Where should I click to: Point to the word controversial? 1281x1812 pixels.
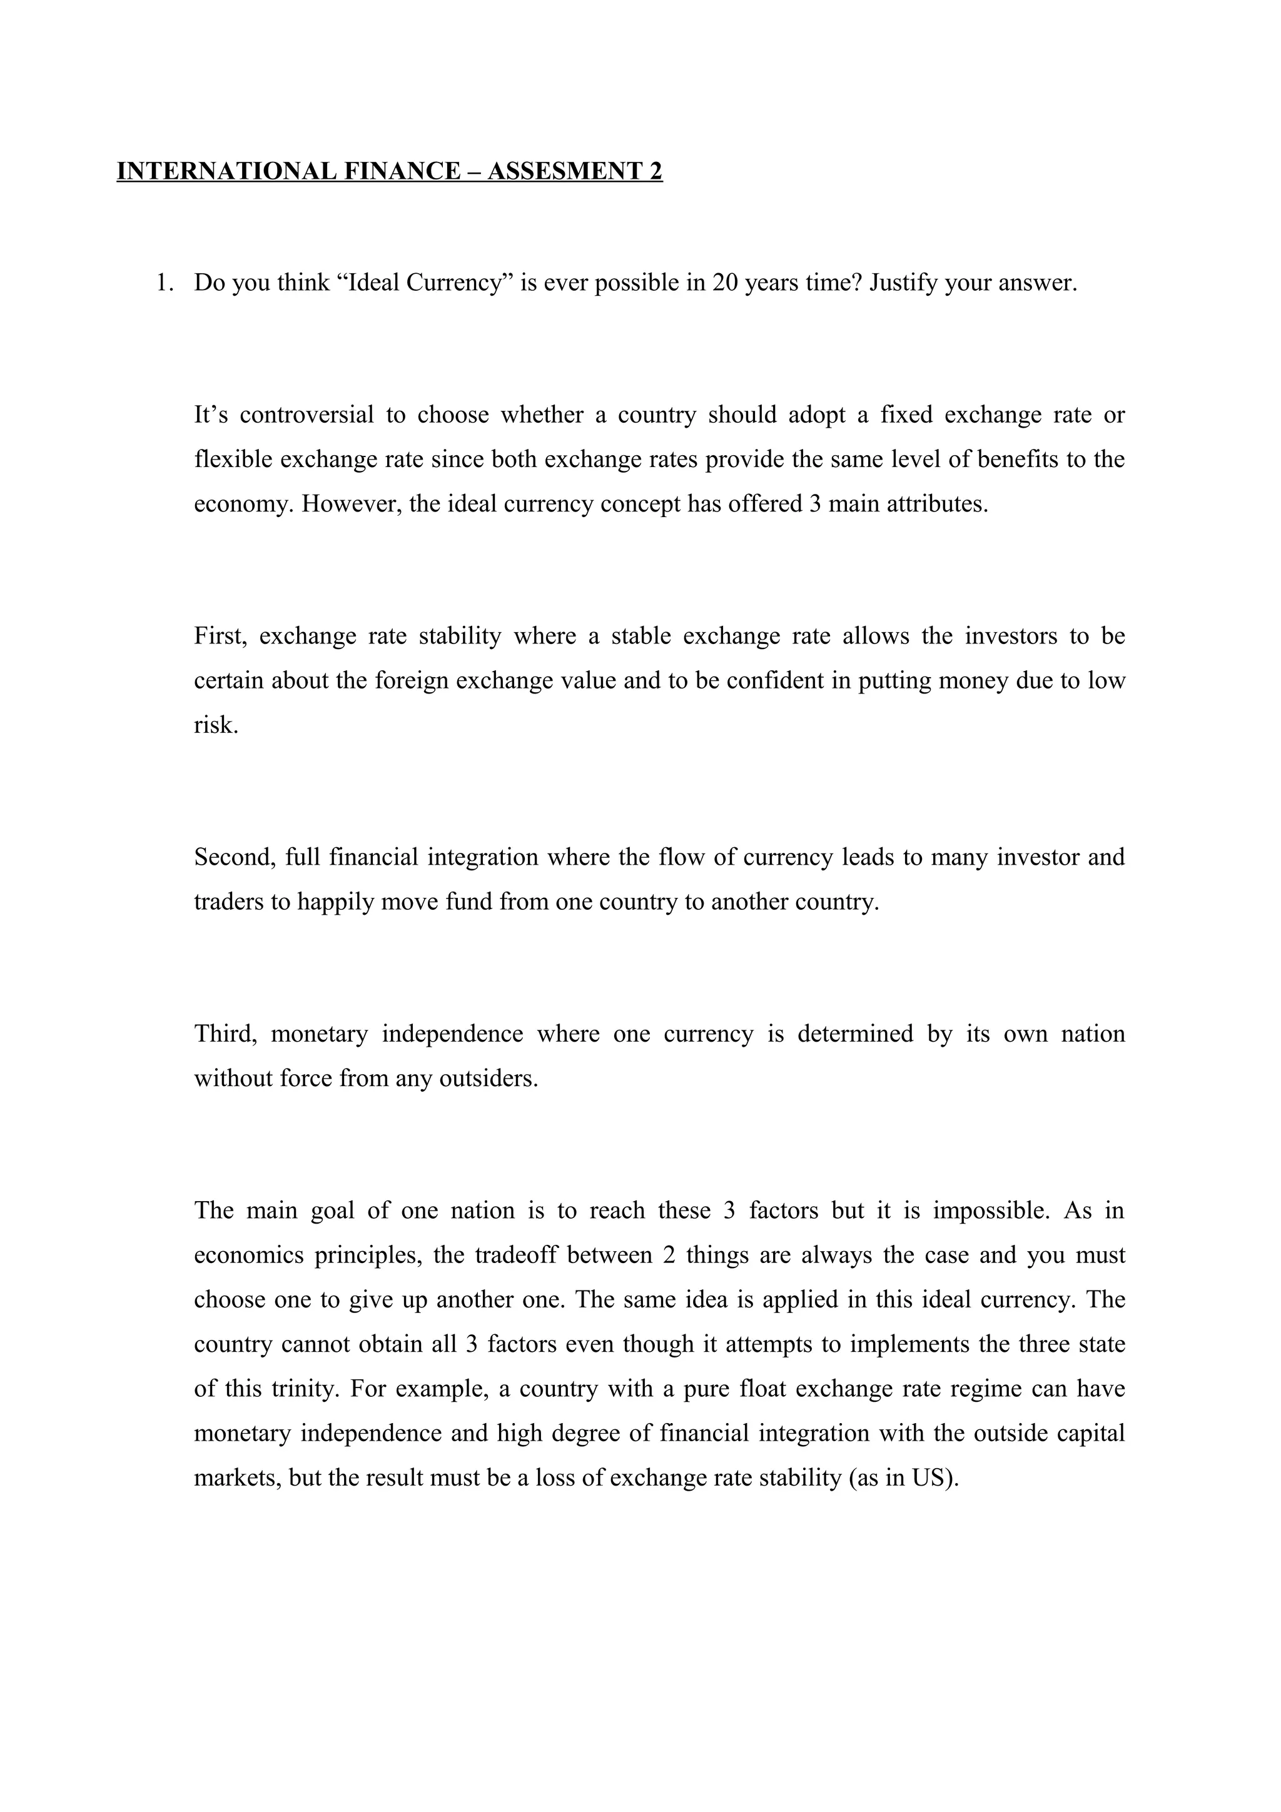coord(306,415)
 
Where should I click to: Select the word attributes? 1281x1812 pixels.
coord(937,503)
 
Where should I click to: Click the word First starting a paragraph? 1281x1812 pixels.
coord(220,636)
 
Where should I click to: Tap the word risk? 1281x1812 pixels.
coord(215,725)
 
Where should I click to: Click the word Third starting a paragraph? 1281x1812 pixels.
coord(225,1034)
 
